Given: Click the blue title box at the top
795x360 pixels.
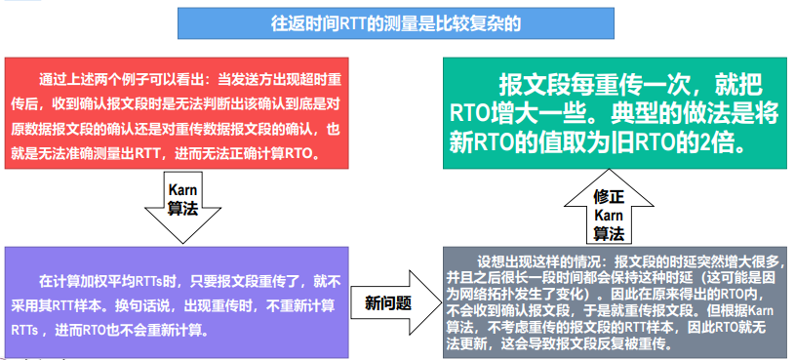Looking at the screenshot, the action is click(395, 23).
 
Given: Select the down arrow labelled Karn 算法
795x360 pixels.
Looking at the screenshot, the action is click(182, 207).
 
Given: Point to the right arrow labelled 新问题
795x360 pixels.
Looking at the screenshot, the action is click(396, 302).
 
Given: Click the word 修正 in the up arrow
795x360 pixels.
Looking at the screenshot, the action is click(609, 197).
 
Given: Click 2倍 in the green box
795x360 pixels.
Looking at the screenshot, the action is click(728, 143).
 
